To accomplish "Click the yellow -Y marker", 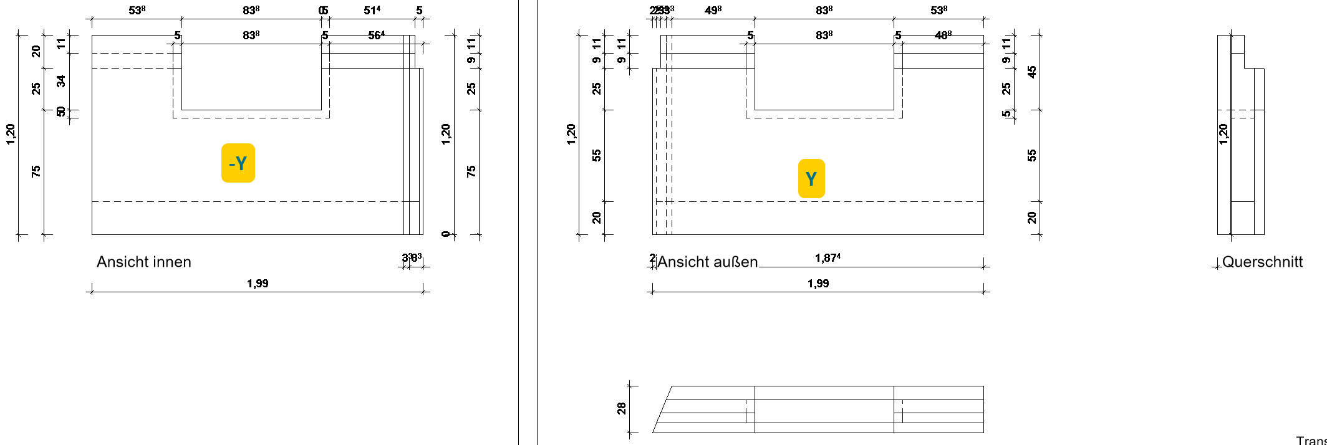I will (238, 163).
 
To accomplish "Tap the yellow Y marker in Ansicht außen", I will (811, 179).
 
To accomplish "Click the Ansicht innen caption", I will (143, 262).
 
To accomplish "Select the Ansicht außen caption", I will (708, 262).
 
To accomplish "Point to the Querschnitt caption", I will (1262, 262).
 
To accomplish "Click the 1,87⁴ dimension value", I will (828, 258).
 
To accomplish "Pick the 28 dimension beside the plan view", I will (622, 408).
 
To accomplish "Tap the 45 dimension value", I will (1032, 72).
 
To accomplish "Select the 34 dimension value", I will (61, 81).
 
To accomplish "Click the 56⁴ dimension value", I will (376, 36).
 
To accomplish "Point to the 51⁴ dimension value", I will (372, 11).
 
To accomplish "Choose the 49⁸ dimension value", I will (713, 11).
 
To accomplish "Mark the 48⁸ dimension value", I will (943, 36).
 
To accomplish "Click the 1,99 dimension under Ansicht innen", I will (258, 284).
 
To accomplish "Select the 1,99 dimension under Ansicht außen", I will (818, 284).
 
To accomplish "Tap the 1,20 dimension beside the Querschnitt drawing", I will (1223, 134).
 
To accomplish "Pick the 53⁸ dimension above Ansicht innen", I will (137, 11).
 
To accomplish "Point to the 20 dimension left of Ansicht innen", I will (36, 51).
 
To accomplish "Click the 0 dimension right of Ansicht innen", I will (445, 234).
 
